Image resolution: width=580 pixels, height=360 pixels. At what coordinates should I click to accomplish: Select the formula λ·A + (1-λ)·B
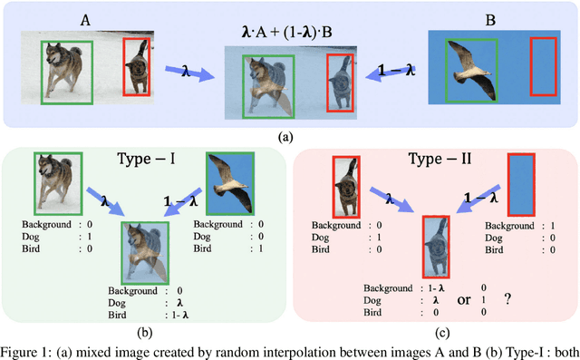coord(289,34)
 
